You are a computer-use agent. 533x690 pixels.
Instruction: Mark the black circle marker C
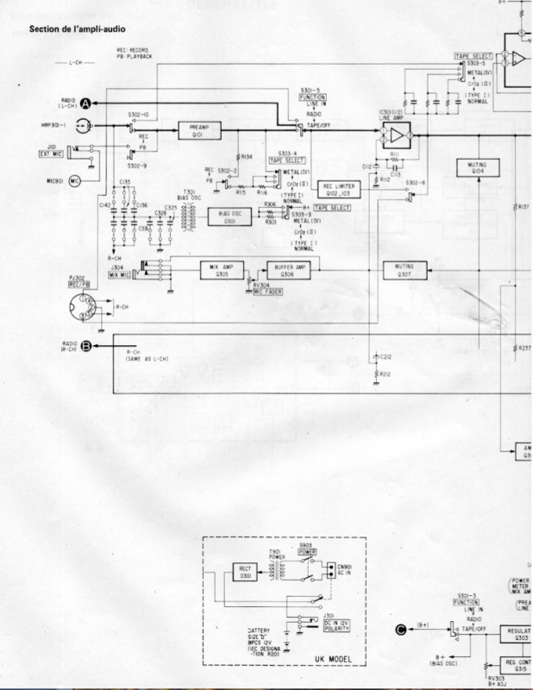[399, 629]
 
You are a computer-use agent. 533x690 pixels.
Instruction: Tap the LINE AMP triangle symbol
[396, 136]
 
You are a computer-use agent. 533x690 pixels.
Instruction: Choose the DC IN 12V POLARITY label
[335, 622]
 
